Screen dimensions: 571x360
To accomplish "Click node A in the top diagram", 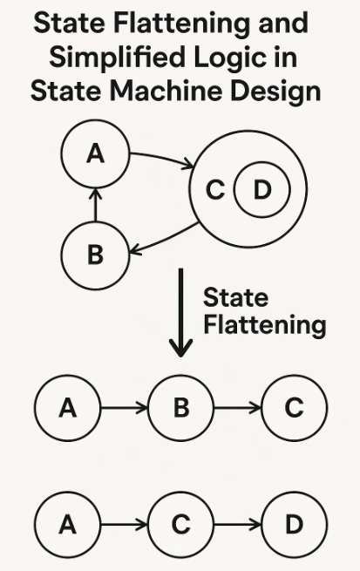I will (x=96, y=154).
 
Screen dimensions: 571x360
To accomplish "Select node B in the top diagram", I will (x=96, y=255).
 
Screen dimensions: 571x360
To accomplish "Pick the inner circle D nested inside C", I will (x=262, y=189).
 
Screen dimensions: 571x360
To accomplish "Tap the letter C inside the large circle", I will (x=214, y=190).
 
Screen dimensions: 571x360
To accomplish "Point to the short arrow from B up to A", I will (x=96, y=205).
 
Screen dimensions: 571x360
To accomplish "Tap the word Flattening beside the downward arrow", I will (x=263, y=326).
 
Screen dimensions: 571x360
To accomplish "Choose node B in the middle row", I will (x=180, y=408).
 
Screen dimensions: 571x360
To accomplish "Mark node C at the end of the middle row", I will (x=294, y=408).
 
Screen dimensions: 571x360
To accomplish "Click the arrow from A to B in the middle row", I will (x=124, y=408).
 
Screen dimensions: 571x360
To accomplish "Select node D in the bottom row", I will (x=294, y=525).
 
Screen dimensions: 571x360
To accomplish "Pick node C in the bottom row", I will (x=180, y=525).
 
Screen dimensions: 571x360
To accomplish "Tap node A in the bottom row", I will (x=67, y=525).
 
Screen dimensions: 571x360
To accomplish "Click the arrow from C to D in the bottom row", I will (x=237, y=525).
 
